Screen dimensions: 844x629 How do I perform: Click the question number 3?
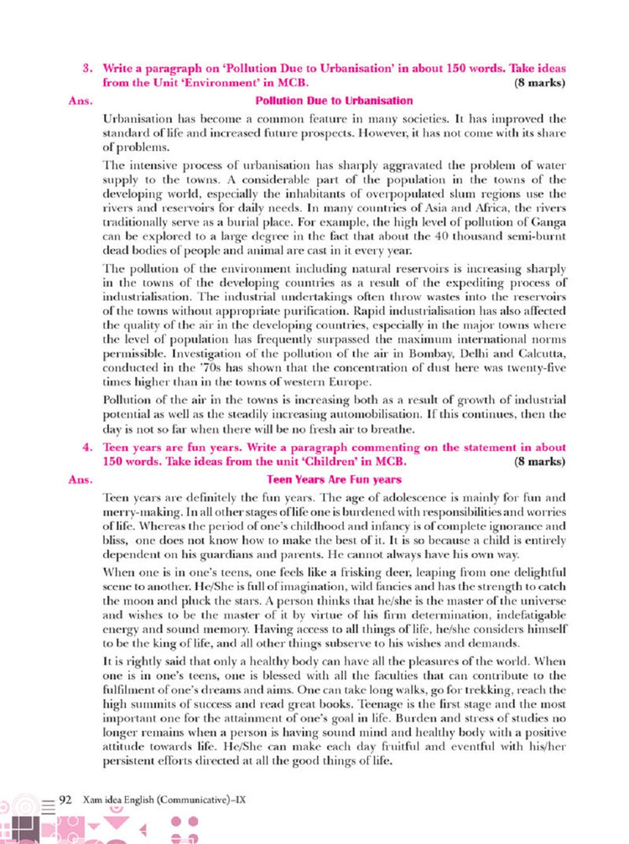tap(86, 67)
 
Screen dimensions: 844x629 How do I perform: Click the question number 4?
tap(86, 448)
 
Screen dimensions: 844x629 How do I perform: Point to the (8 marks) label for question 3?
tap(539, 84)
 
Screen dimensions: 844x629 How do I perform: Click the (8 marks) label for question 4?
tap(539, 463)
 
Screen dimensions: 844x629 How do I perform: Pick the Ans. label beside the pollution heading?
tap(79, 101)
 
